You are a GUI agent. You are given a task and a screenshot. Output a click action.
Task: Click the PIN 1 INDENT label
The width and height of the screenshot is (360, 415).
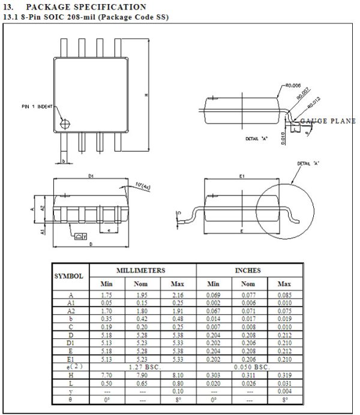pyautogui.click(x=36, y=106)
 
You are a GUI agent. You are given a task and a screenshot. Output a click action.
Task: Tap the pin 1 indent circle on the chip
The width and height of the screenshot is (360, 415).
pyautogui.click(x=65, y=124)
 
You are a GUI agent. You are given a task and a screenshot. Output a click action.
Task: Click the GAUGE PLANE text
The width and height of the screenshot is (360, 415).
pyautogui.click(x=328, y=121)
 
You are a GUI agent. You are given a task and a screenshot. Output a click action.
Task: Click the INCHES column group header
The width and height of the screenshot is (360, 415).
pyautogui.click(x=248, y=270)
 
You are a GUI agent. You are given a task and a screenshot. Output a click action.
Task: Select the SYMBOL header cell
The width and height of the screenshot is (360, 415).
pyautogui.click(x=70, y=276)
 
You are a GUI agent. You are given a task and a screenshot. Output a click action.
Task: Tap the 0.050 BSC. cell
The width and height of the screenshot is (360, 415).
pyautogui.click(x=248, y=365)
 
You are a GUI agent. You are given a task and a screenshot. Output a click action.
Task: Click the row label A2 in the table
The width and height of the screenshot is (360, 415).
pyautogui.click(x=70, y=312)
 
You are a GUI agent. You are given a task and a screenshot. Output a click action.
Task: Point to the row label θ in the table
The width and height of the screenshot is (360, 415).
pyautogui.click(x=70, y=399)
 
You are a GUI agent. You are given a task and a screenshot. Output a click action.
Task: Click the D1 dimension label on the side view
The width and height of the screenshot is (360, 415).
pyautogui.click(x=91, y=176)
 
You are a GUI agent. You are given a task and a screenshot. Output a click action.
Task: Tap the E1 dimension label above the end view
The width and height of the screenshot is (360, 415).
pyautogui.click(x=241, y=176)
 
